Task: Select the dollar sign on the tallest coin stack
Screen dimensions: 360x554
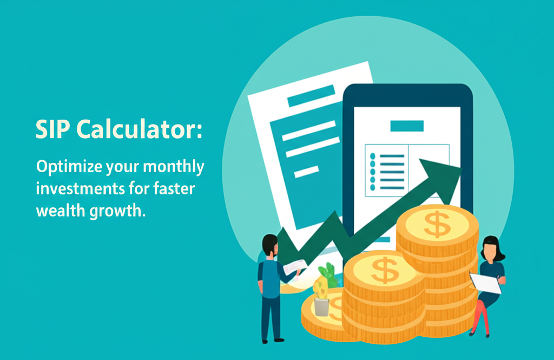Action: coord(436,224)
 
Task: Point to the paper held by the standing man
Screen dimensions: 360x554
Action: coord(295,266)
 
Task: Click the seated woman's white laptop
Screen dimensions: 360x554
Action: coord(485,283)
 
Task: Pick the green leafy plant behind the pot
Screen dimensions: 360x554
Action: coord(328,274)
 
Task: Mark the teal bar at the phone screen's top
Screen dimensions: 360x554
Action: coord(406,126)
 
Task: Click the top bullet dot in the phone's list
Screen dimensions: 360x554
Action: coord(372,156)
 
